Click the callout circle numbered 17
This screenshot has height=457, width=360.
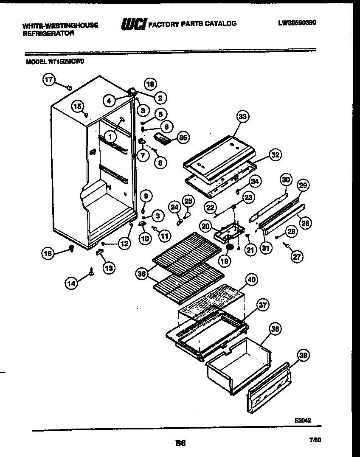pos(50,80)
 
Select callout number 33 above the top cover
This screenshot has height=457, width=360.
pos(243,116)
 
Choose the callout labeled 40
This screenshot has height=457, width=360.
pos(252,280)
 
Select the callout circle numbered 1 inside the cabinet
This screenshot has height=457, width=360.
pos(110,137)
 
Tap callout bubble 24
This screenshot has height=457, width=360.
pos(174,207)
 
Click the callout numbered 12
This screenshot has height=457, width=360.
pos(124,244)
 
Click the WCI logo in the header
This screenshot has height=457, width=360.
pos(133,24)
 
